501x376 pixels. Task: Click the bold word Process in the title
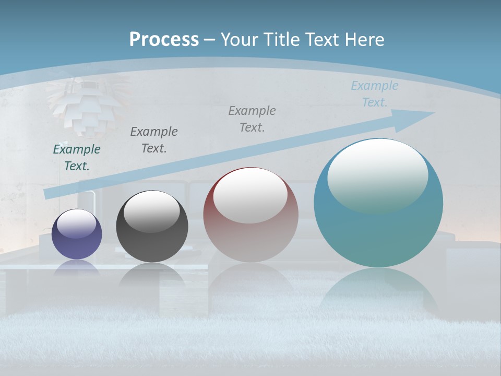pyautogui.click(x=164, y=40)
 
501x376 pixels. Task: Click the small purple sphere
pyautogui.click(x=77, y=234)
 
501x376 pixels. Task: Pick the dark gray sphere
pyautogui.click(x=152, y=227)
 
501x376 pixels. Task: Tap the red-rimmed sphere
pyautogui.click(x=250, y=215)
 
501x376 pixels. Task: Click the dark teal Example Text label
pyautogui.click(x=77, y=157)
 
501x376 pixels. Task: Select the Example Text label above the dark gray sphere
pyautogui.click(x=154, y=139)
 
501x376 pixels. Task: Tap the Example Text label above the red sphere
pyautogui.click(x=252, y=119)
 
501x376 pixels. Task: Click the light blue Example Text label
pyautogui.click(x=375, y=93)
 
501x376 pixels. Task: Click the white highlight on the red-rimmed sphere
pyautogui.click(x=250, y=194)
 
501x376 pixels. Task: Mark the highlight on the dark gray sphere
pyautogui.click(x=152, y=210)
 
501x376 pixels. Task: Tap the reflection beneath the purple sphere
pyautogui.click(x=77, y=267)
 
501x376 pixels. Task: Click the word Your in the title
pyautogui.click(x=238, y=40)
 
